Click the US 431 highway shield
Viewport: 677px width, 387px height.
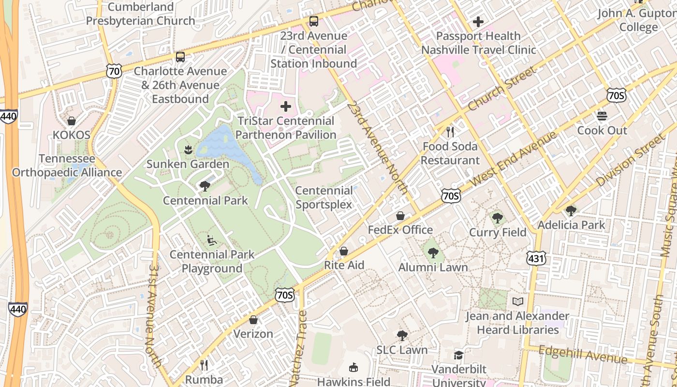click(x=537, y=258)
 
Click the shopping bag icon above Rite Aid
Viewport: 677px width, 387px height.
click(x=344, y=251)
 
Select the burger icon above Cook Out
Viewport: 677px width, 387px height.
click(x=602, y=116)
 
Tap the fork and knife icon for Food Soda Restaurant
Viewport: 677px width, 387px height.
click(x=450, y=132)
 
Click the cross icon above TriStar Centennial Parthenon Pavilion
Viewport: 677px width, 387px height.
click(x=286, y=106)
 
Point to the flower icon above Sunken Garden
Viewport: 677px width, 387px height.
click(x=188, y=150)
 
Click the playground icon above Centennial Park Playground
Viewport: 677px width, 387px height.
click(x=212, y=240)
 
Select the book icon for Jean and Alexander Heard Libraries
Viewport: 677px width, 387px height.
click(x=517, y=302)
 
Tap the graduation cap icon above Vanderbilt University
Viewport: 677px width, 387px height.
click(x=458, y=356)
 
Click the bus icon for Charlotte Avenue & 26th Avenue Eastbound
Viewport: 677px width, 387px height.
click(x=180, y=57)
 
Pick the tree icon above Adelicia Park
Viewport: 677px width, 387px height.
click(x=571, y=210)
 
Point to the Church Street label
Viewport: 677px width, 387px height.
click(x=503, y=88)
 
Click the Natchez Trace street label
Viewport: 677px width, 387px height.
click(x=300, y=348)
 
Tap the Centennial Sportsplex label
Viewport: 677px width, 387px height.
click(x=324, y=197)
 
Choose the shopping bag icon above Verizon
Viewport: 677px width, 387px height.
click(x=253, y=320)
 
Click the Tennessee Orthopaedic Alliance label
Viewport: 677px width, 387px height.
click(x=67, y=165)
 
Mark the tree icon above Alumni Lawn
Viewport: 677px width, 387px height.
click(x=433, y=253)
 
